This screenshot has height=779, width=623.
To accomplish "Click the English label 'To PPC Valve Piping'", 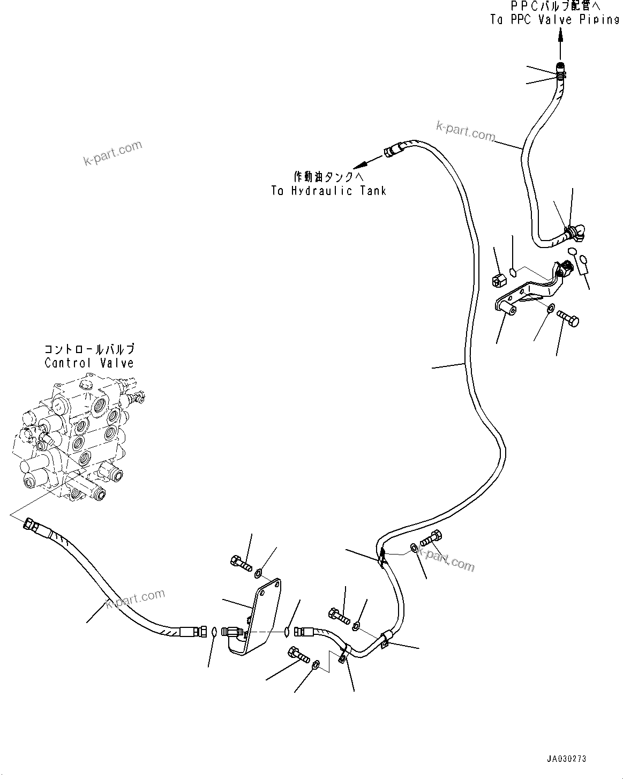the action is click(555, 19).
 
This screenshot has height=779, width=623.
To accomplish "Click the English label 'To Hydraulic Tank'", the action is click(329, 191).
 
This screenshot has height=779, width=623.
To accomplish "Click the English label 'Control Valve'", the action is click(89, 363).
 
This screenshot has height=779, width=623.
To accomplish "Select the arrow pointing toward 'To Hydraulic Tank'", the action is click(368, 162).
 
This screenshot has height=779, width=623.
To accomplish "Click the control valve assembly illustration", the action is click(79, 438).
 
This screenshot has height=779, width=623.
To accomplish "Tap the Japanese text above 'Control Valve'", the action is click(89, 349).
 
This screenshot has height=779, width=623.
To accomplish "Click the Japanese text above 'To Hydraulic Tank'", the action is click(329, 177).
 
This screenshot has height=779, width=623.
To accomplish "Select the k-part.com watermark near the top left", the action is click(112, 153).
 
